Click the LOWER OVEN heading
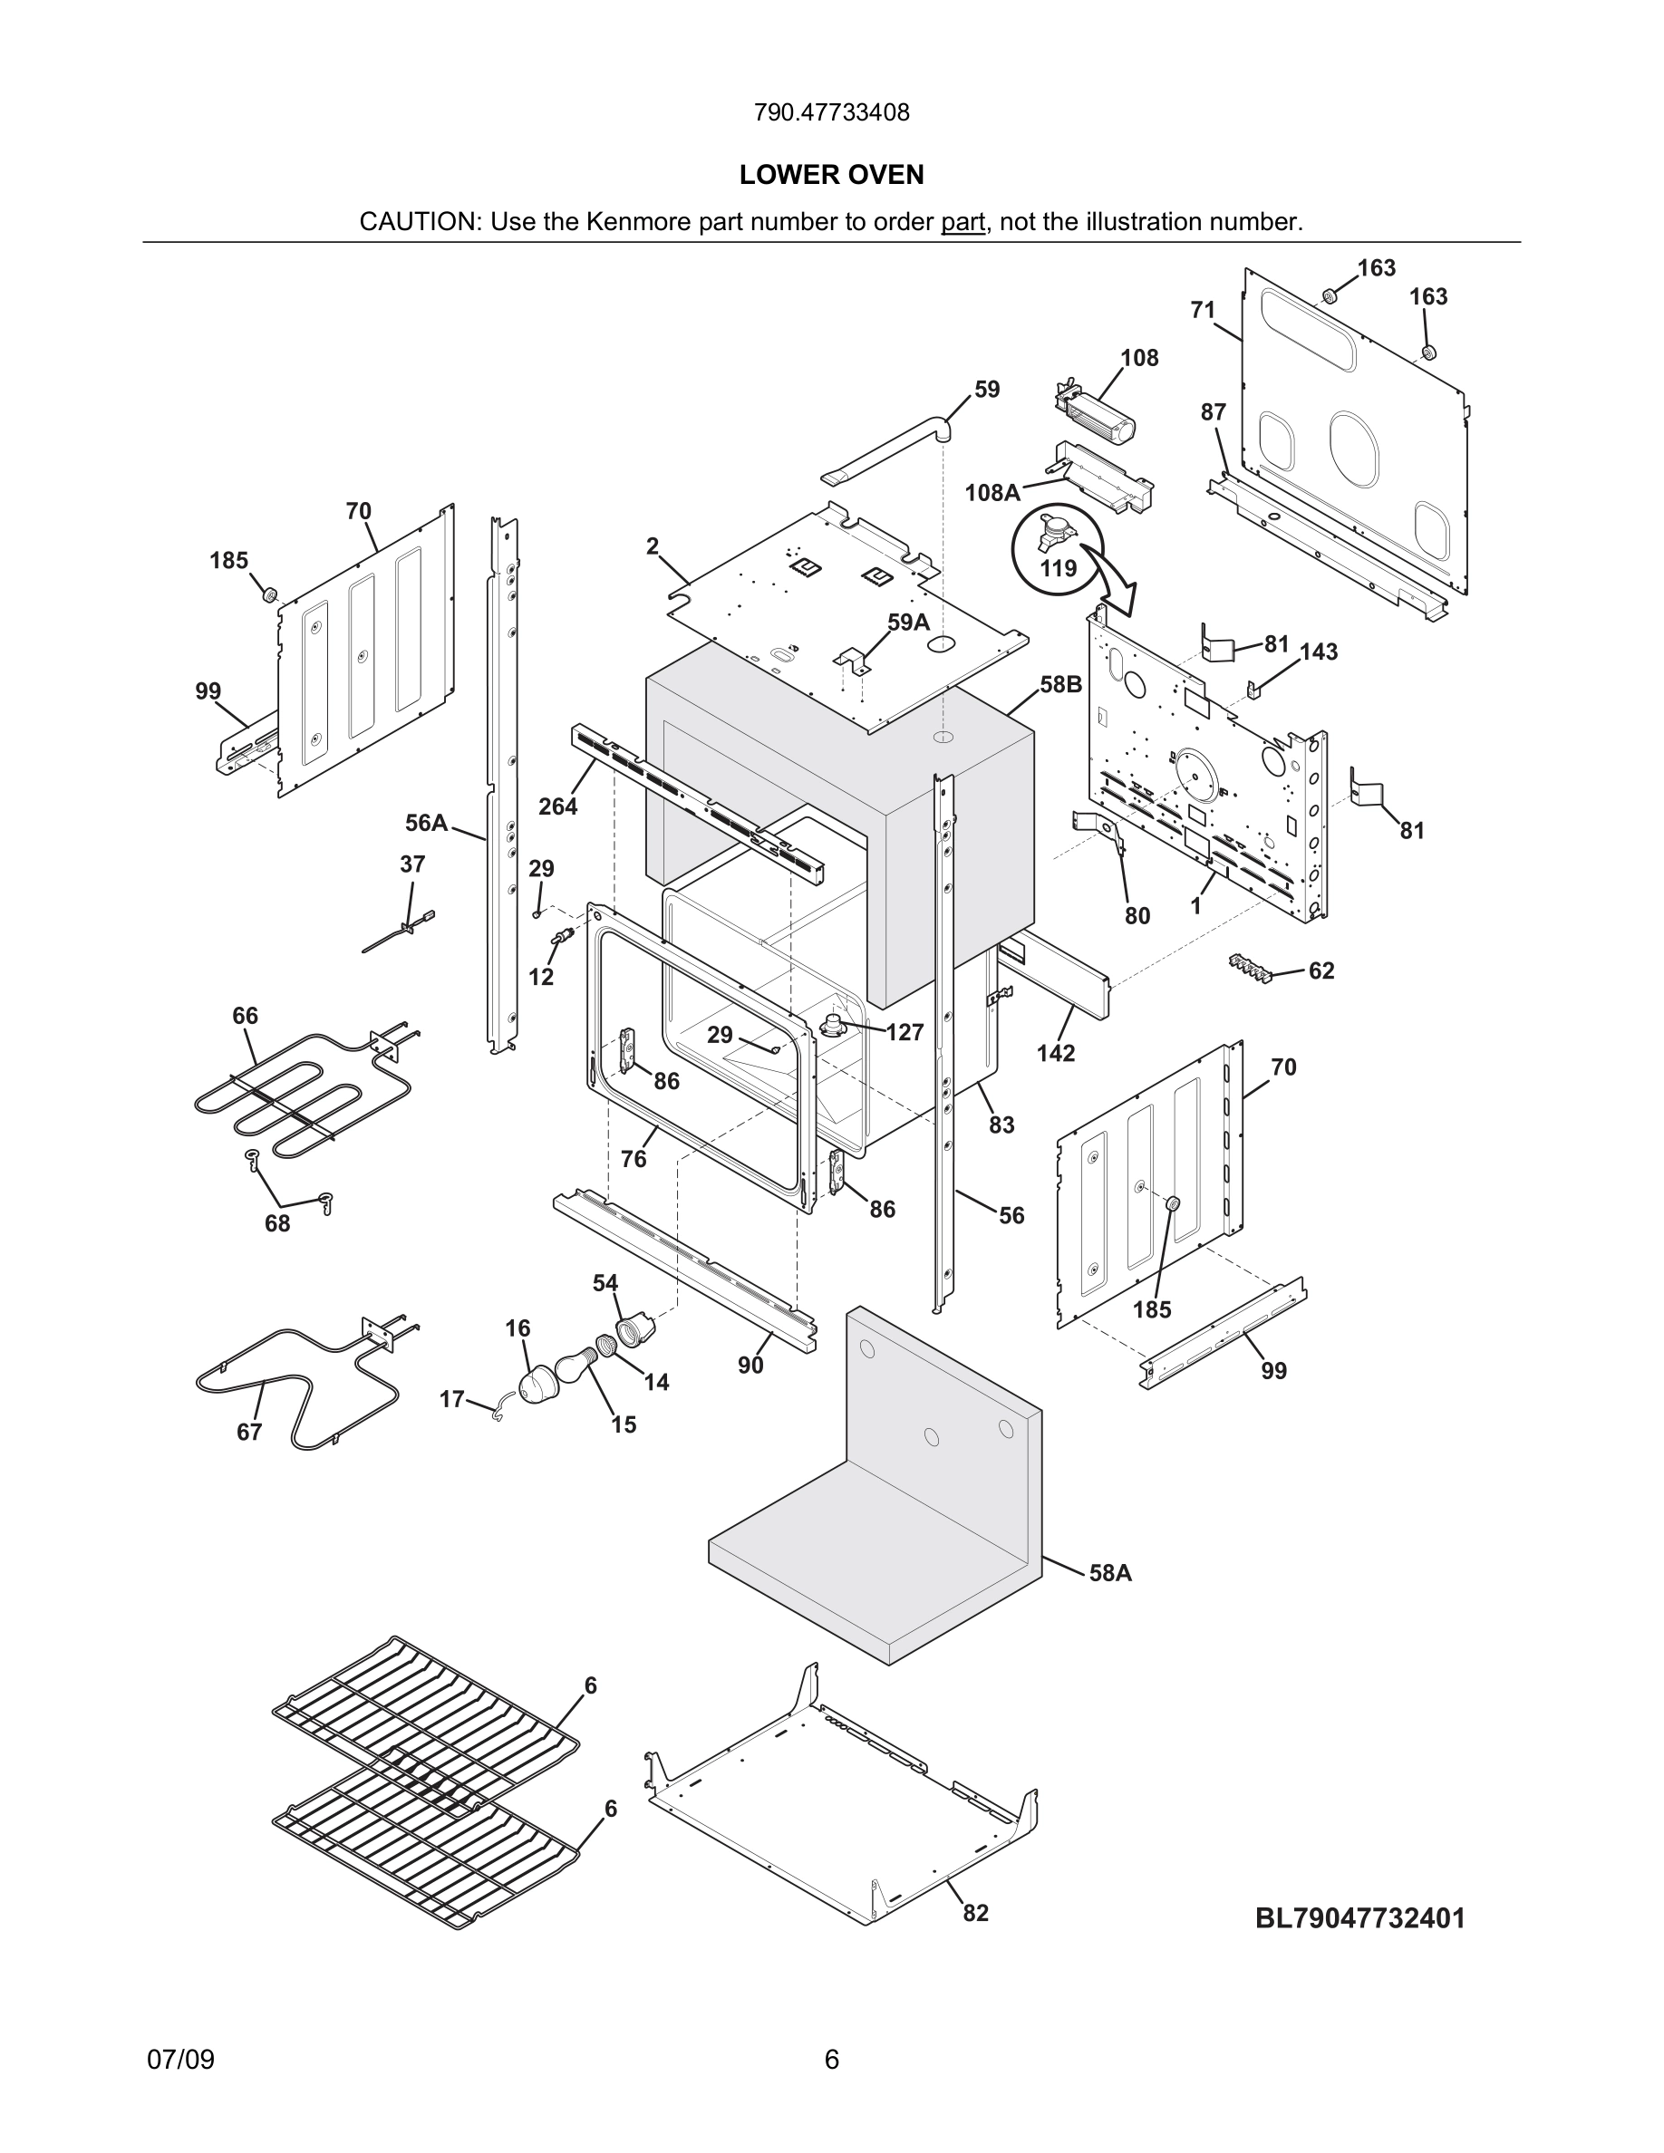coord(831,175)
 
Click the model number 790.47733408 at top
coord(831,112)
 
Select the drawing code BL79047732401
coord(1359,1917)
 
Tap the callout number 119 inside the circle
coord(1058,569)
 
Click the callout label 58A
coord(1110,1572)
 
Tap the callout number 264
coord(557,806)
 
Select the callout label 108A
coord(992,492)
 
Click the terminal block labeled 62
coord(1251,967)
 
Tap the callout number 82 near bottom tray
coord(975,1913)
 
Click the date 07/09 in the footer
coord(180,2060)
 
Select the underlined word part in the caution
coord(963,222)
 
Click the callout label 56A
coord(426,822)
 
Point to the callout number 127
coord(904,1032)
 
